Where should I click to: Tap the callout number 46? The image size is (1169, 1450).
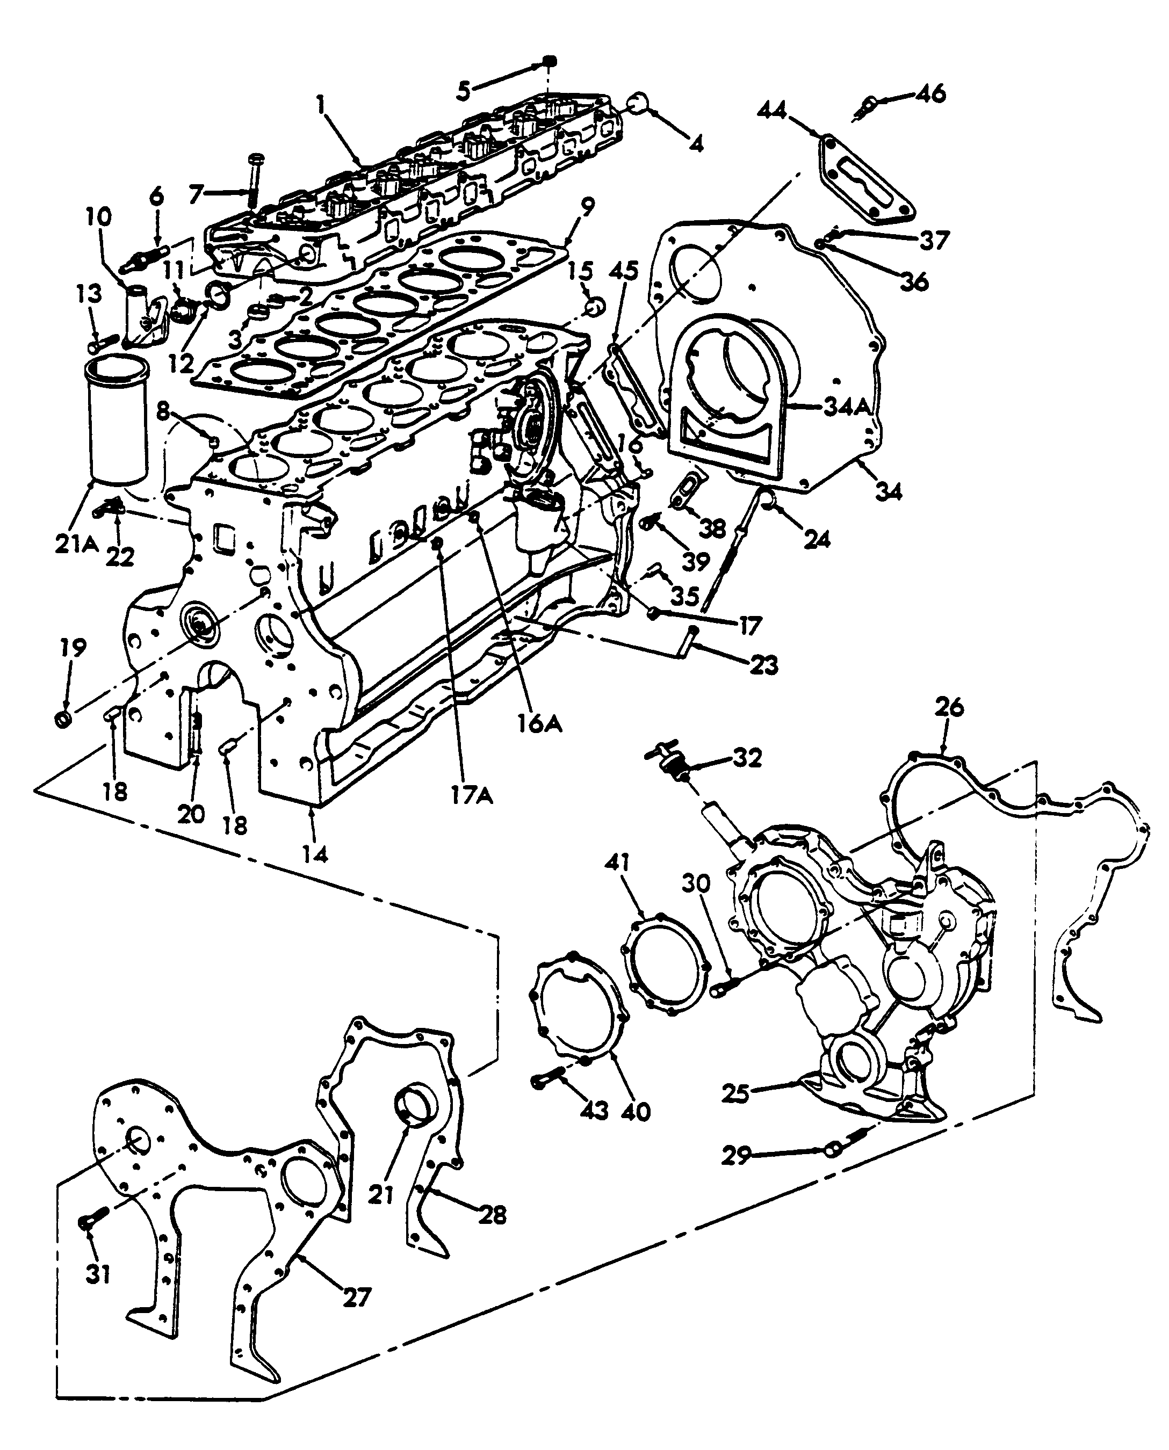tap(930, 93)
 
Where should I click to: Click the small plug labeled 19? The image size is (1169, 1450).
tap(63, 720)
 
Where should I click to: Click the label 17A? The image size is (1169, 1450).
tap(471, 796)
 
